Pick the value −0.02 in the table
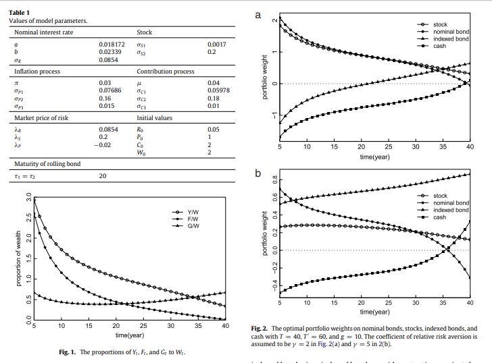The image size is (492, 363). pyautogui.click(x=102, y=144)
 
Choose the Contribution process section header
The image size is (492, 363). pyautogui.click(x=166, y=71)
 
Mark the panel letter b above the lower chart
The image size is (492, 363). pyautogui.click(x=257, y=174)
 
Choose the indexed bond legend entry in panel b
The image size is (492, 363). pyautogui.click(x=451, y=210)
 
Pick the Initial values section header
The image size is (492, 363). pyautogui.click(x=154, y=117)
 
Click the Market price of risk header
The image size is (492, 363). pyautogui.click(x=41, y=117)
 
